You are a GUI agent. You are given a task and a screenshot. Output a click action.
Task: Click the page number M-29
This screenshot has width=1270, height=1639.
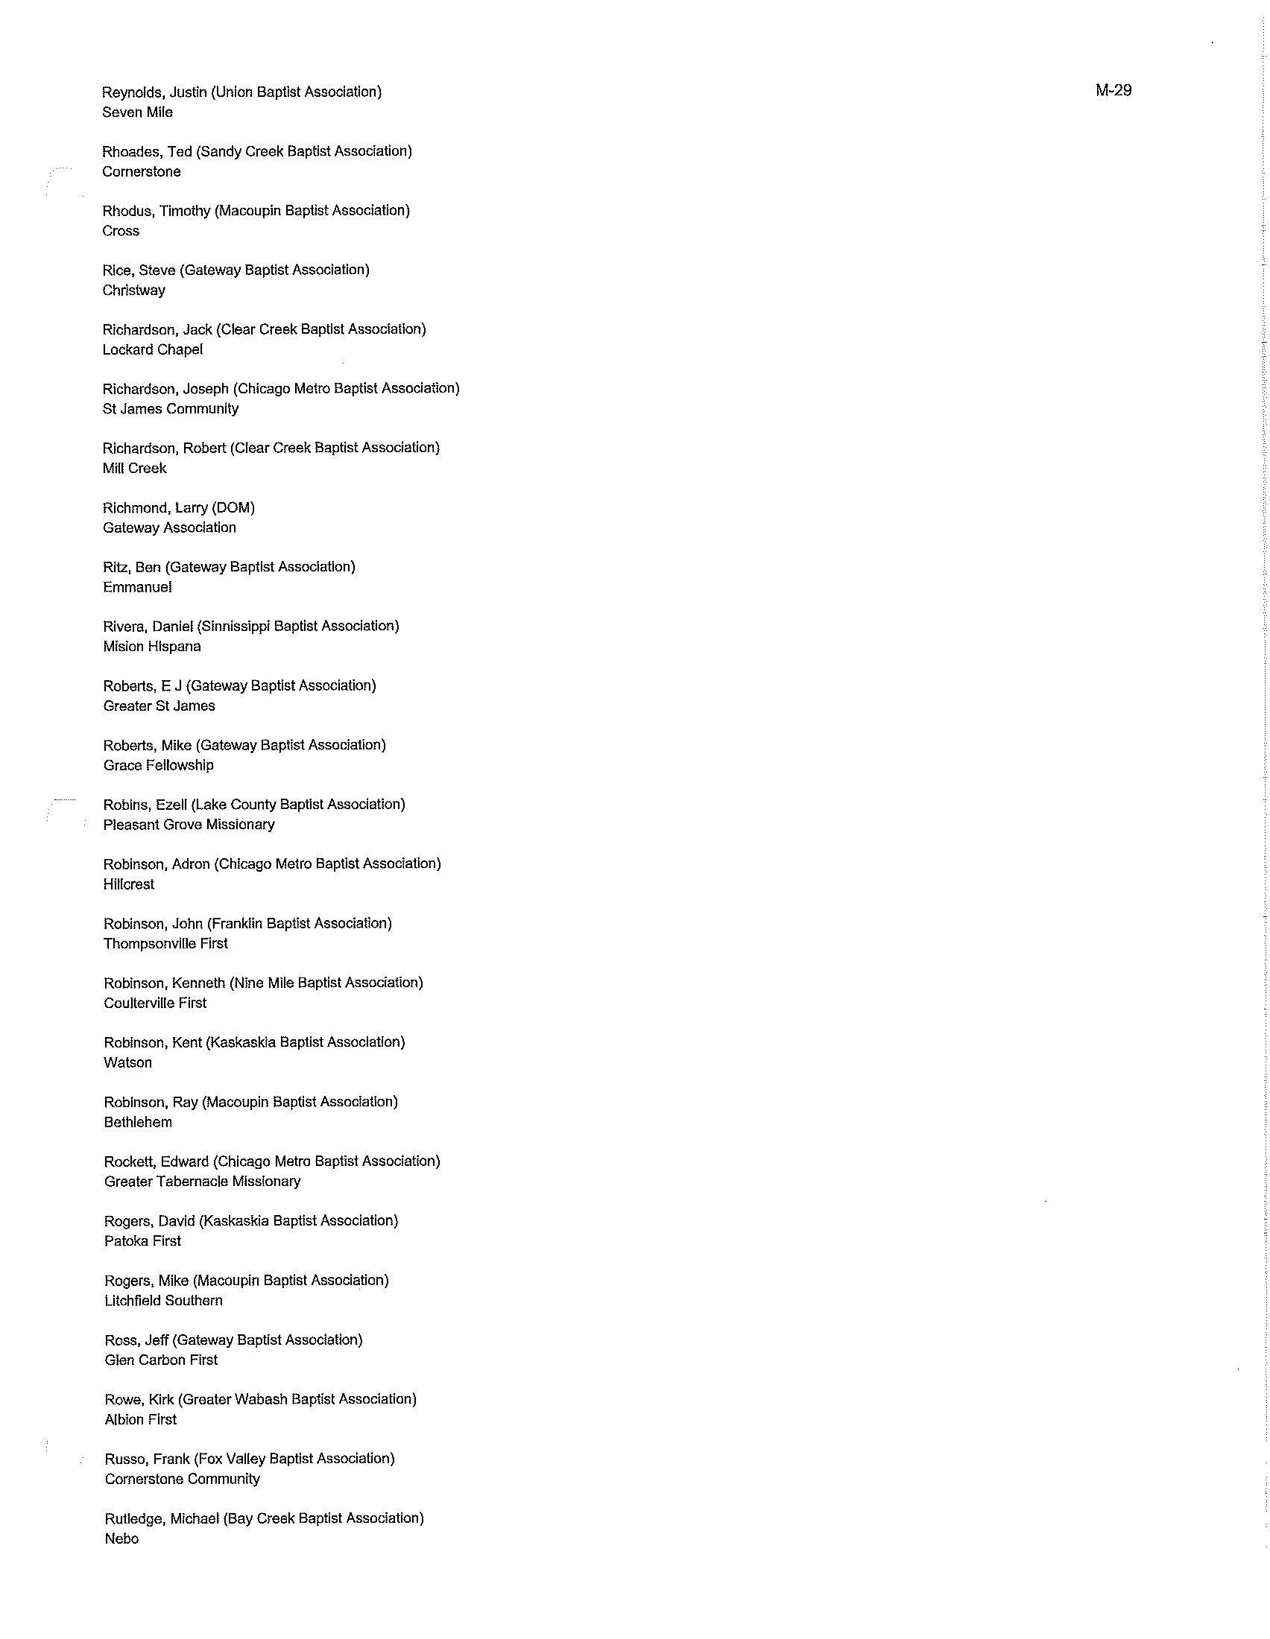1113,90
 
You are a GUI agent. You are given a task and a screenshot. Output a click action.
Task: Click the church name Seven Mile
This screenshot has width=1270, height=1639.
137,112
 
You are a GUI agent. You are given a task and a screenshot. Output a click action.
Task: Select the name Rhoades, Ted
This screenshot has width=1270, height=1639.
147,151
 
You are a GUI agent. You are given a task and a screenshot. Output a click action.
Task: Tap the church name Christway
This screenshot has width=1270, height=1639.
133,291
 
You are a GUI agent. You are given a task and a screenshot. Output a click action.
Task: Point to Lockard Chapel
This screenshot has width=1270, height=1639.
152,349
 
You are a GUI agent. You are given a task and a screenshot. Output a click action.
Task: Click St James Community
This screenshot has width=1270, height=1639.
171,409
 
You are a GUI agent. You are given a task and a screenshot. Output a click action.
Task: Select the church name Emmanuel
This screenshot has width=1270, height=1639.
137,588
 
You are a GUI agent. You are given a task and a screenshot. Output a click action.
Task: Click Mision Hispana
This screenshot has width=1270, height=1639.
151,647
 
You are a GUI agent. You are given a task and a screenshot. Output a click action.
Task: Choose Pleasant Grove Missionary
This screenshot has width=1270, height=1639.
189,825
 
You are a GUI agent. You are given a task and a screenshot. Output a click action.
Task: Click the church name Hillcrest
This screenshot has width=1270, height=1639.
128,885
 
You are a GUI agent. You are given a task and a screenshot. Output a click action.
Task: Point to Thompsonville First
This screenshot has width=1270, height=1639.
165,944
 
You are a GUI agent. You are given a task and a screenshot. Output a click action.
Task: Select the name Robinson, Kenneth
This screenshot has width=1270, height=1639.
165,983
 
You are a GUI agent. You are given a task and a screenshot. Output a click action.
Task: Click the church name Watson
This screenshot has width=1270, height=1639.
127,1062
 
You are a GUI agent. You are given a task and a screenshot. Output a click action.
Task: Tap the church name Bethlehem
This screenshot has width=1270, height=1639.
138,1123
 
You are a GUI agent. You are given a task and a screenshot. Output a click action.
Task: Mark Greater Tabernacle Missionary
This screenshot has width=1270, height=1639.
202,1182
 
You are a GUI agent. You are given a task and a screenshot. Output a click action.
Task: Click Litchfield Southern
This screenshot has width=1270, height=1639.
163,1301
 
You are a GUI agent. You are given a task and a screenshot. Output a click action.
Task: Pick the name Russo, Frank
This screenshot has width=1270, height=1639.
147,1459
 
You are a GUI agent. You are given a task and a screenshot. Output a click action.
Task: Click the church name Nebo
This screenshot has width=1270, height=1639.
121,1538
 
